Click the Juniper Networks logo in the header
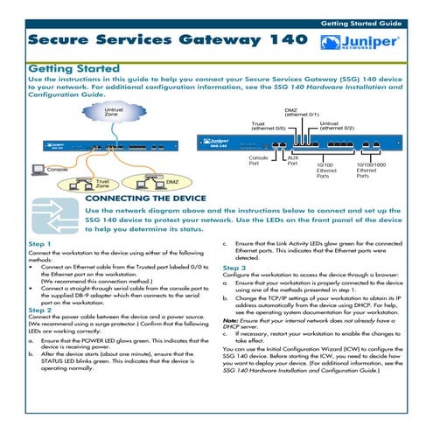[360, 42]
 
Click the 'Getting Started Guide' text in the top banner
[361, 24]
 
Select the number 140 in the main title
[289, 39]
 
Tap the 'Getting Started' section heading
[74, 69]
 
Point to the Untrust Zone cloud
[114, 112]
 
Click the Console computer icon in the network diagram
[38, 170]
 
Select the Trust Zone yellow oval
[87, 184]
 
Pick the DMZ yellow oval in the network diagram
[157, 182]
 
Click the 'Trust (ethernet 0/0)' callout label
[269, 126]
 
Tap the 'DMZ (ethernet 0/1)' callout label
[302, 112]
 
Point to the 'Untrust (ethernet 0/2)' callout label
[337, 126]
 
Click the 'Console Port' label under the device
[258, 160]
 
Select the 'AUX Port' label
[293, 160]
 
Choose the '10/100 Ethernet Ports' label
[326, 171]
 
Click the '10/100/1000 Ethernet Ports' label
[371, 171]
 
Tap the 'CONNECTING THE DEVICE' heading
[146, 199]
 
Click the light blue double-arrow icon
[55, 216]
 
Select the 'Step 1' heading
[39, 244]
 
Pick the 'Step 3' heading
[234, 268]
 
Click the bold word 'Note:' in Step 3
[231, 320]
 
